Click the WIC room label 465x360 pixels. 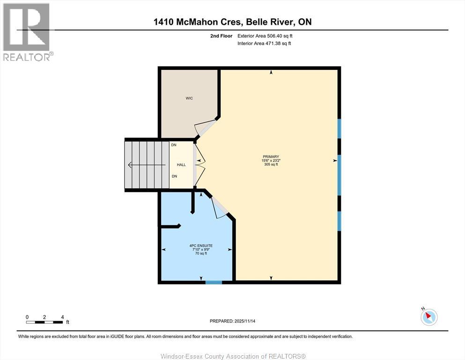(189, 98)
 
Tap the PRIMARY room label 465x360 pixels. (271, 157)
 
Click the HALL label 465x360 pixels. (181, 165)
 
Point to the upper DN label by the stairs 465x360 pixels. (174, 145)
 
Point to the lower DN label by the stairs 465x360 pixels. (174, 176)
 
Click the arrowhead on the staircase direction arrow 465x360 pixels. (129, 165)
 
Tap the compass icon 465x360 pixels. (429, 317)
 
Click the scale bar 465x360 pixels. (44, 322)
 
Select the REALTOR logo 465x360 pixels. (27, 32)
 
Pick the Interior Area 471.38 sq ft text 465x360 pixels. (264, 44)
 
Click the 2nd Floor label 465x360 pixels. (221, 36)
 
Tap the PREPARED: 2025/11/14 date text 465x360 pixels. (232, 321)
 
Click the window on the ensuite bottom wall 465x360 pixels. (214, 282)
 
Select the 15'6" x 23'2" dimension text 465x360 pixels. (271, 161)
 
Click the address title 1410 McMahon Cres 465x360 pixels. (232, 22)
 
